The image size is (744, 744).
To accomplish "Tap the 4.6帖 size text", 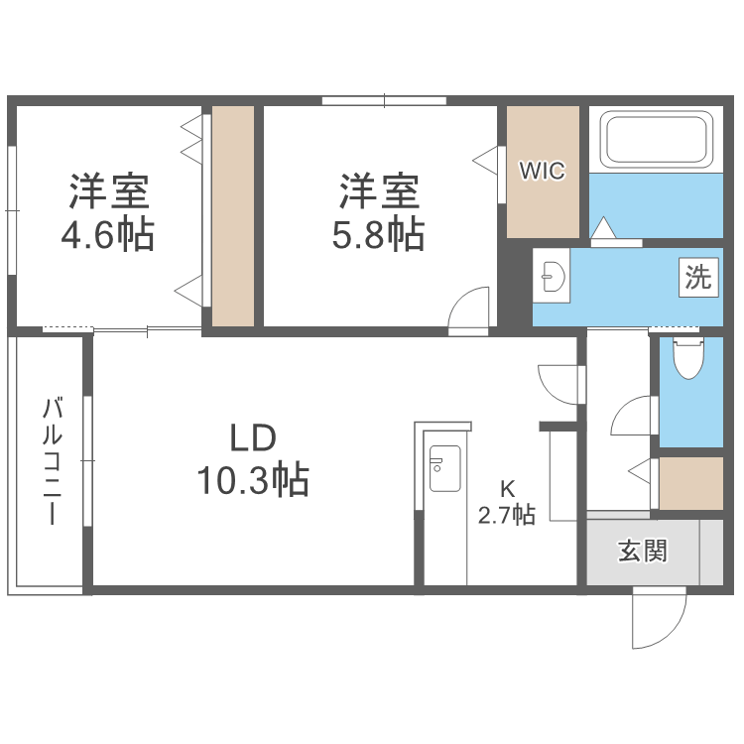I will click(107, 236).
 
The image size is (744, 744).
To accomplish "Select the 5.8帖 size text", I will click(378, 235).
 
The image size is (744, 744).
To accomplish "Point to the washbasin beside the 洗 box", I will click(551, 275).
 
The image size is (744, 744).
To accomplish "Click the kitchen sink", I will click(443, 469).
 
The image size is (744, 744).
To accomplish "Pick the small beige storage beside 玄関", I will click(691, 483).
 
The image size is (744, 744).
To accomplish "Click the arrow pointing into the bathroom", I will click(602, 229).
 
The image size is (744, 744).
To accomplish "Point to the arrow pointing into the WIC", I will click(485, 158).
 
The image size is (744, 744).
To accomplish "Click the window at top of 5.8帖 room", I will click(384, 100).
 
